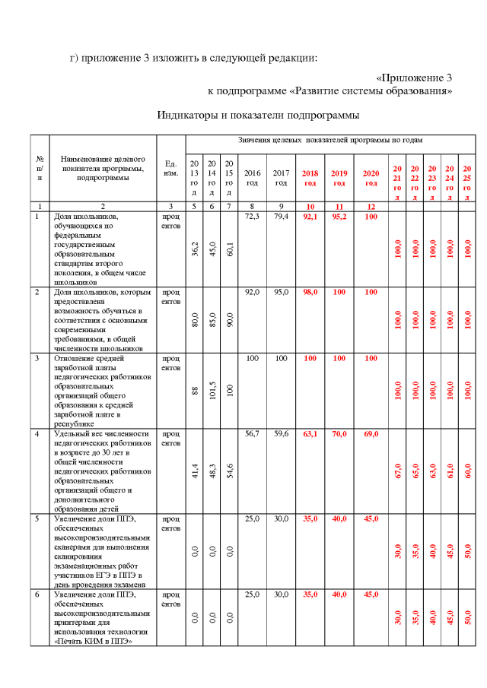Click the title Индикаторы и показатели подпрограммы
coord(258,116)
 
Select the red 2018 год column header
coord(310,178)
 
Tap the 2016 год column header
coord(252,178)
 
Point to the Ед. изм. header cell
coord(171,168)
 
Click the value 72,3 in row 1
coord(253,217)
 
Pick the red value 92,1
coord(310,217)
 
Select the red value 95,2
coord(339,217)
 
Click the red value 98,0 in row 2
coord(310,292)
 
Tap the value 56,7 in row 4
coord(253,434)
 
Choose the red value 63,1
coord(310,434)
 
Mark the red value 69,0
coord(371,434)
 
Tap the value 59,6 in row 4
coord(282,434)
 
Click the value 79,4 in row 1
coord(282,217)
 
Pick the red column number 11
coord(339,206)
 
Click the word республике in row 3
coord(75,423)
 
